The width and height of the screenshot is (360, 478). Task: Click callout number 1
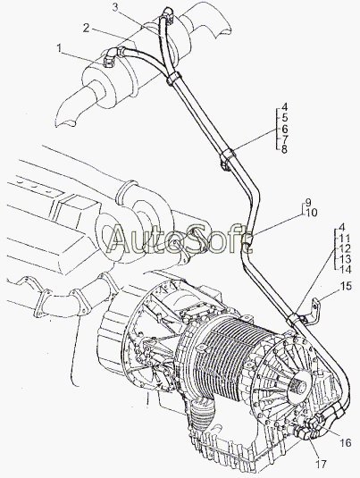[59, 48]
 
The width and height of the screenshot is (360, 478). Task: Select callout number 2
[87, 29]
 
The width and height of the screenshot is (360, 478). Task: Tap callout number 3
[115, 7]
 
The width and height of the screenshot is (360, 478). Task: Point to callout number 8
[284, 150]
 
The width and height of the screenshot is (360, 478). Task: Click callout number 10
[311, 213]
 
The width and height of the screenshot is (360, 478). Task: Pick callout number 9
[308, 202]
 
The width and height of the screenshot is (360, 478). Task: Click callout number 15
[346, 286]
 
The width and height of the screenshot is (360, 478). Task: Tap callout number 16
[346, 442]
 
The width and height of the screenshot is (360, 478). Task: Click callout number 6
[284, 128]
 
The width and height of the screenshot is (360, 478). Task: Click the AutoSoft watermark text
[180, 239]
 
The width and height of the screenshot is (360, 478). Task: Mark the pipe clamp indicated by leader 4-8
[228, 158]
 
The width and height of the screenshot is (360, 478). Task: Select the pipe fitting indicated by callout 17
[303, 433]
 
